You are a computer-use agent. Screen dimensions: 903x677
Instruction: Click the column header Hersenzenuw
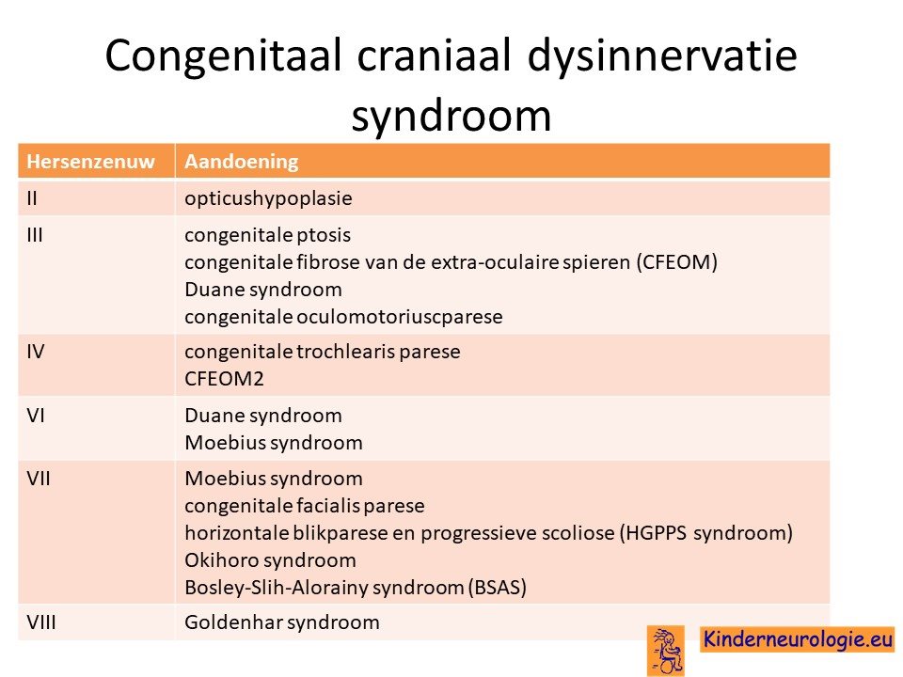(91, 162)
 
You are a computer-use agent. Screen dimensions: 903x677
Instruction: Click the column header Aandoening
(242, 162)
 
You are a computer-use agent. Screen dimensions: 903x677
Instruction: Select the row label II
(32, 198)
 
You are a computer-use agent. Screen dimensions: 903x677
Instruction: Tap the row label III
(35, 235)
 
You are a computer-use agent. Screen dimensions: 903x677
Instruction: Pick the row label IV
(35, 352)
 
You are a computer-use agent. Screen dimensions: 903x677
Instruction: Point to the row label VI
(35, 416)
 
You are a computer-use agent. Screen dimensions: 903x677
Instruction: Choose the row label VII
(38, 479)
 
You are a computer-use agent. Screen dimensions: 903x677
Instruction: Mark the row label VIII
(40, 622)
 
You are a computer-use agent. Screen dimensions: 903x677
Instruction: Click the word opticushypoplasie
(268, 199)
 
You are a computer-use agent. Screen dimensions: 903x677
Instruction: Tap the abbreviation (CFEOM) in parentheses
(676, 262)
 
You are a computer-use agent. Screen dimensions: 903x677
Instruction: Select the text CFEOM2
(224, 379)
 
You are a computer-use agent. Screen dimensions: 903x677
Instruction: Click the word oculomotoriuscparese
(400, 317)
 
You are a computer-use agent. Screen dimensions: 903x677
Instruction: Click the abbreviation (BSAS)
(498, 588)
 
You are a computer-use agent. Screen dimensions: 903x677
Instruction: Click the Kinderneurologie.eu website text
(798, 639)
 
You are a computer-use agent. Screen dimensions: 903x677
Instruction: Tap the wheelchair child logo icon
(666, 651)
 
